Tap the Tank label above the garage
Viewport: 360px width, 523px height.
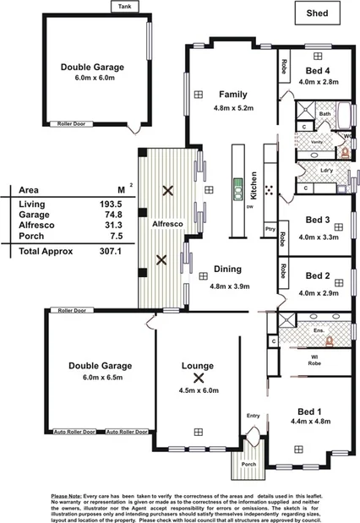click(128, 6)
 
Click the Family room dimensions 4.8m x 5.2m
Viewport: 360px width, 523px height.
click(232, 108)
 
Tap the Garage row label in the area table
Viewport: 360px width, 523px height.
click(33, 215)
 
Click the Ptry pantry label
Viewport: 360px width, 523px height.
click(270, 228)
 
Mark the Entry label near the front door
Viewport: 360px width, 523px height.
click(254, 415)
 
